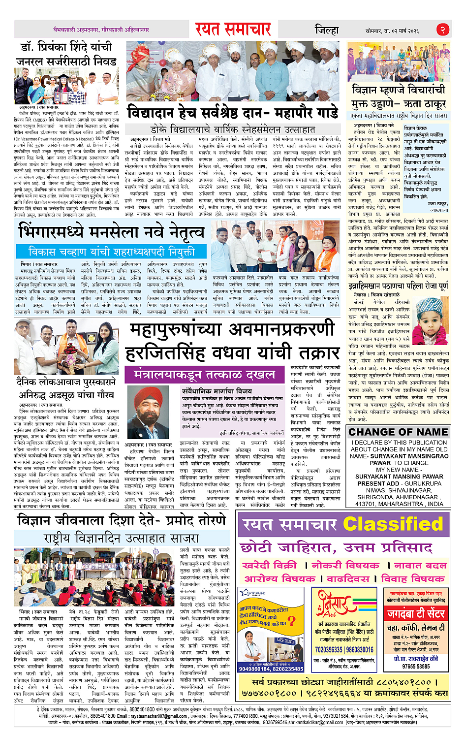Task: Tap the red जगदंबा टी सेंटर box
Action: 416,613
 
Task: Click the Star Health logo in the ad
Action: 253,594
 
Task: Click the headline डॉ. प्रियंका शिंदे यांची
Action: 66,47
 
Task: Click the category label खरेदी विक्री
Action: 270,565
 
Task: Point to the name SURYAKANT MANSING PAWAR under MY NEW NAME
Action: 399,477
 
